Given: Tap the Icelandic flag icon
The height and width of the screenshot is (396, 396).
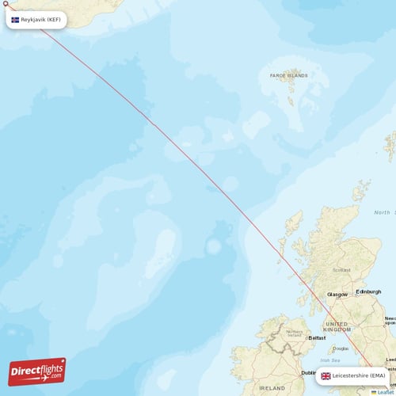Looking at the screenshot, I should [15, 19].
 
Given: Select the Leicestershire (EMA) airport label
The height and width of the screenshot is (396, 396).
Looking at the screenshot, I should [358, 375].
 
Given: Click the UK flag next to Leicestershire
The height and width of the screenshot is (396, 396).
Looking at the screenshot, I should [326, 375].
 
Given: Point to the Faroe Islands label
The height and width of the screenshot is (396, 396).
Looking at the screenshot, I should [287, 76].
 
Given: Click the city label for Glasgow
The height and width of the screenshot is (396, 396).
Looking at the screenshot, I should [337, 294].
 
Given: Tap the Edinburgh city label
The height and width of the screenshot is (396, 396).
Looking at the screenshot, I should [368, 291].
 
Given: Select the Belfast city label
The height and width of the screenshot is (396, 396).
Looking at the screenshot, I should [317, 337].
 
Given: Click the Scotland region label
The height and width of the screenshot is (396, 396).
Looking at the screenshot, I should [341, 270].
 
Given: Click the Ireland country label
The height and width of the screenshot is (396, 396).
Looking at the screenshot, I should [272, 388].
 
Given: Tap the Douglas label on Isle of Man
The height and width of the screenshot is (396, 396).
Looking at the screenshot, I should [341, 348].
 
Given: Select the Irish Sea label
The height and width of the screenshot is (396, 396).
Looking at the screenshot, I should [341, 360].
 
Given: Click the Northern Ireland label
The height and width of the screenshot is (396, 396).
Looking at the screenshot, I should [294, 333].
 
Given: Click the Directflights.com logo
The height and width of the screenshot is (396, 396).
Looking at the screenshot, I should [37, 371].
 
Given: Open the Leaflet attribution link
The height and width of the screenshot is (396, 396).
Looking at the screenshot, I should [385, 391].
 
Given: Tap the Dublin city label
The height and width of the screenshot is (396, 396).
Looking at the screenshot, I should [308, 372].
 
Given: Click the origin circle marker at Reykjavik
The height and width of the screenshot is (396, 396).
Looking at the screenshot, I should [5, 4].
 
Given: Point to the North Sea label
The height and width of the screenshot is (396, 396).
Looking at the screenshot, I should [383, 212].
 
